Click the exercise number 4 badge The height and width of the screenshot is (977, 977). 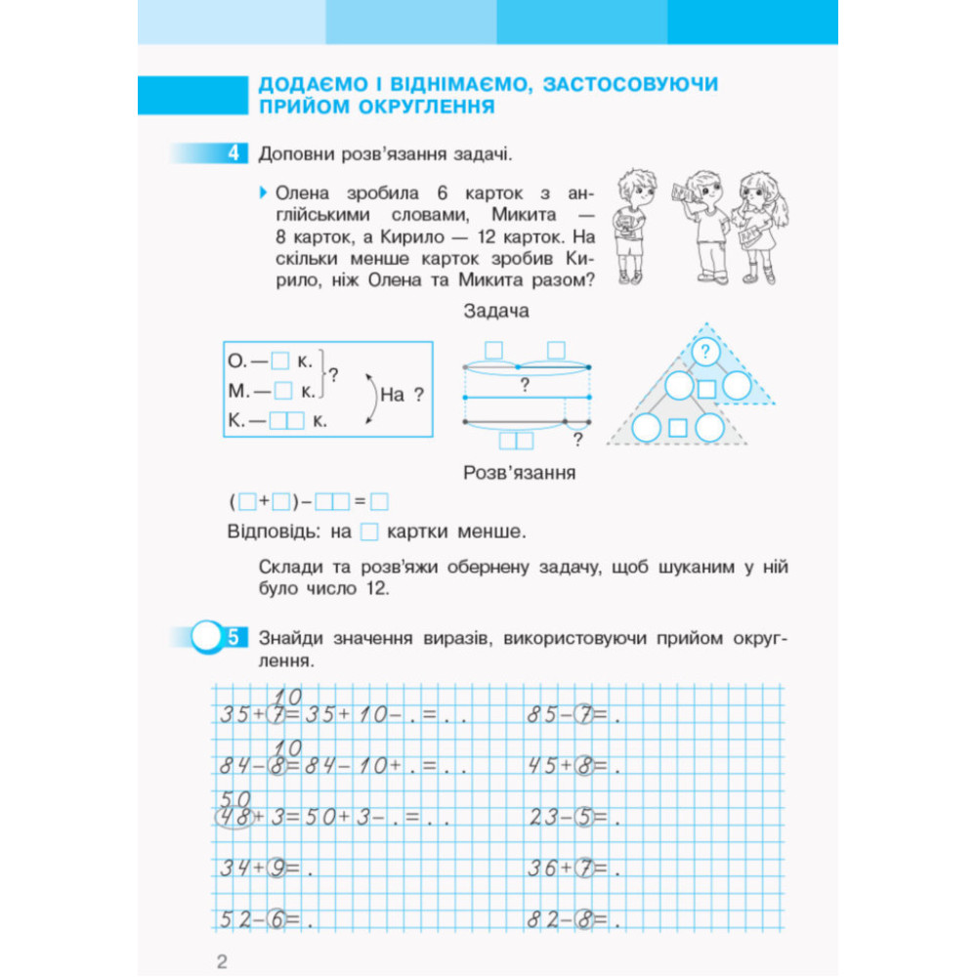pyautogui.click(x=234, y=153)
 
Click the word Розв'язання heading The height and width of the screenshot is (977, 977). pyautogui.click(x=519, y=473)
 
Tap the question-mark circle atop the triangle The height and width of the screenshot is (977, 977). pyautogui.click(x=704, y=351)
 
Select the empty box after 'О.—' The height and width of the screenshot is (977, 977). pyautogui.click(x=281, y=361)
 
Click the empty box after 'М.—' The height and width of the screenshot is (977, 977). pyautogui.click(x=283, y=391)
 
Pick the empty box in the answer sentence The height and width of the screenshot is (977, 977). pyautogui.click(x=369, y=532)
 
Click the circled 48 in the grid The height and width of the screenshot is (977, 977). pyautogui.click(x=234, y=817)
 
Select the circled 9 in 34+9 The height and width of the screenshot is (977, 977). pyautogui.click(x=277, y=869)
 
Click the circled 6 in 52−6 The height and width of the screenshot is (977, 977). pyautogui.click(x=277, y=919)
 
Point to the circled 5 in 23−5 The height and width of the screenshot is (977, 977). pyautogui.click(x=584, y=817)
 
